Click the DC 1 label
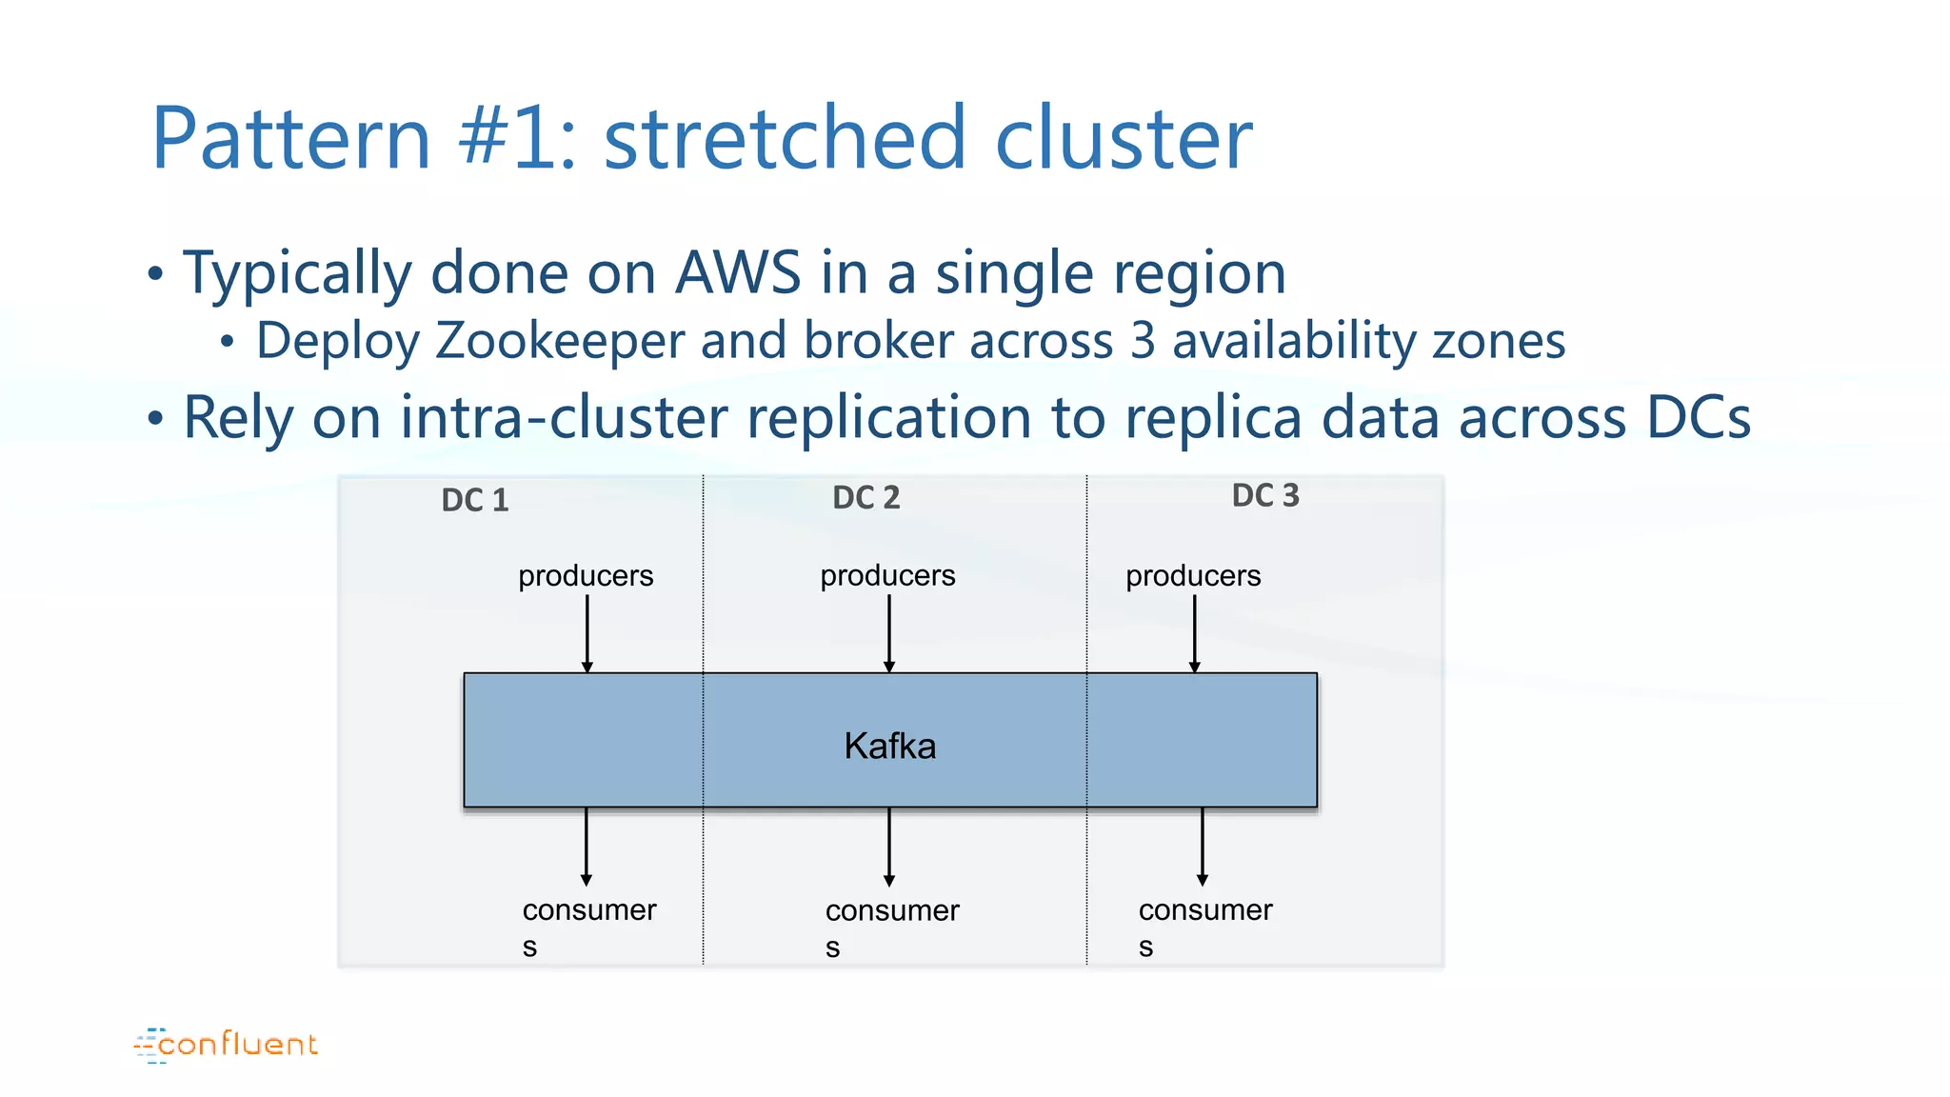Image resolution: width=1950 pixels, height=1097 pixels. tap(475, 500)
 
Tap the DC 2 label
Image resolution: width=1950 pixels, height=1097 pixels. tap(866, 497)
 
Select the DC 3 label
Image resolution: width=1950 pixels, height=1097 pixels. tap(1264, 495)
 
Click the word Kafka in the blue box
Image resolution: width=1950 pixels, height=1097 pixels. tap(889, 746)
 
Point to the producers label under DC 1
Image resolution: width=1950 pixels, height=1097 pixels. tap(586, 575)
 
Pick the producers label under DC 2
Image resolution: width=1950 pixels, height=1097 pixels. tap(887, 575)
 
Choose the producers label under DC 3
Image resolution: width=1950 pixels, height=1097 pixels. tap(1193, 575)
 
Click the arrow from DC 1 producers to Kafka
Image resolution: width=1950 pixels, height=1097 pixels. tap(587, 633)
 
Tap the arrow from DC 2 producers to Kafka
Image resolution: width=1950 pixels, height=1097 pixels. tap(888, 633)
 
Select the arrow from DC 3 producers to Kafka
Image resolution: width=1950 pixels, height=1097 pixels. tap(1194, 633)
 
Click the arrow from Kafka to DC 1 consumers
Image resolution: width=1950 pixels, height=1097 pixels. tap(586, 847)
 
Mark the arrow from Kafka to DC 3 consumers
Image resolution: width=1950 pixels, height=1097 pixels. tap(1202, 847)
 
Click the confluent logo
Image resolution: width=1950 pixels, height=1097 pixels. tap(227, 1045)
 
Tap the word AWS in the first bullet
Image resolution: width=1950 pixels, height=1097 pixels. tap(738, 273)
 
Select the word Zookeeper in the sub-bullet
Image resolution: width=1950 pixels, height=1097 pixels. tap(560, 341)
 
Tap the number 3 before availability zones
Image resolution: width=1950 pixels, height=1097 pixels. tap(1143, 341)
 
